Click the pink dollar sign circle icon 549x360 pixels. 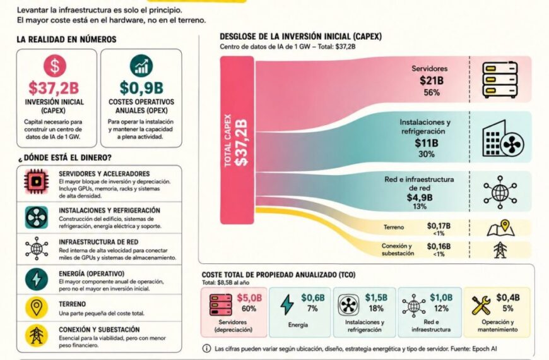55,66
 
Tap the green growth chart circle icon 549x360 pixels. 141,66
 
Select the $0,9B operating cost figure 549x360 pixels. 141,88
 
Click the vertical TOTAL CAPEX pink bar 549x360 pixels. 237,140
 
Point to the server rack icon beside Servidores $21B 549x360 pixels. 500,80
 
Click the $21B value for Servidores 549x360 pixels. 432,81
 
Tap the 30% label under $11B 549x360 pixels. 427,154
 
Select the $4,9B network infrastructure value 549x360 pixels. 420,197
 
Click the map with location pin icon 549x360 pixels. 500,228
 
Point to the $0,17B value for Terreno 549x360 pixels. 439,225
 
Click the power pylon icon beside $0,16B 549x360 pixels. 500,250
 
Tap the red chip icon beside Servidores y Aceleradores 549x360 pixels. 37,181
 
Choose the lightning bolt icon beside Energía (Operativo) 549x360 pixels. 37,279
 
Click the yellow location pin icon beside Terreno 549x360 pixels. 37,308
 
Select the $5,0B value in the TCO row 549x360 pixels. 249,298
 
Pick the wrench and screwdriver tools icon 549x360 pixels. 481,305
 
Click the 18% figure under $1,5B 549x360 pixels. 375,308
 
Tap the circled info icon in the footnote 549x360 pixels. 207,349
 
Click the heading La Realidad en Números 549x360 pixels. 66,39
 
